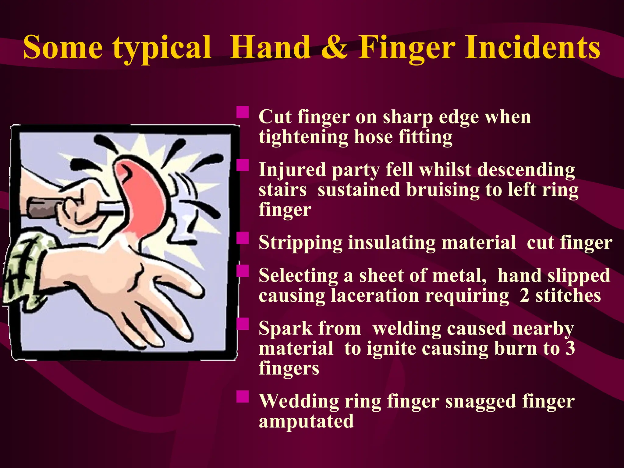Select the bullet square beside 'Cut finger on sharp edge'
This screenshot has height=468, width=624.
click(243, 112)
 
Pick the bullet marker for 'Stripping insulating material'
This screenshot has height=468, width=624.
click(243, 238)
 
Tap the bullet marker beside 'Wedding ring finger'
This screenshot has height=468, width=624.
click(243, 396)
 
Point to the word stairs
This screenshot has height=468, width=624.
click(282, 190)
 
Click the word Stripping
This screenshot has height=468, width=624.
click(300, 243)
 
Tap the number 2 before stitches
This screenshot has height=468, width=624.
click(524, 296)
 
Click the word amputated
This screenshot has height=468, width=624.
click(306, 421)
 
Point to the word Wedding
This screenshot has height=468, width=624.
click(299, 401)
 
